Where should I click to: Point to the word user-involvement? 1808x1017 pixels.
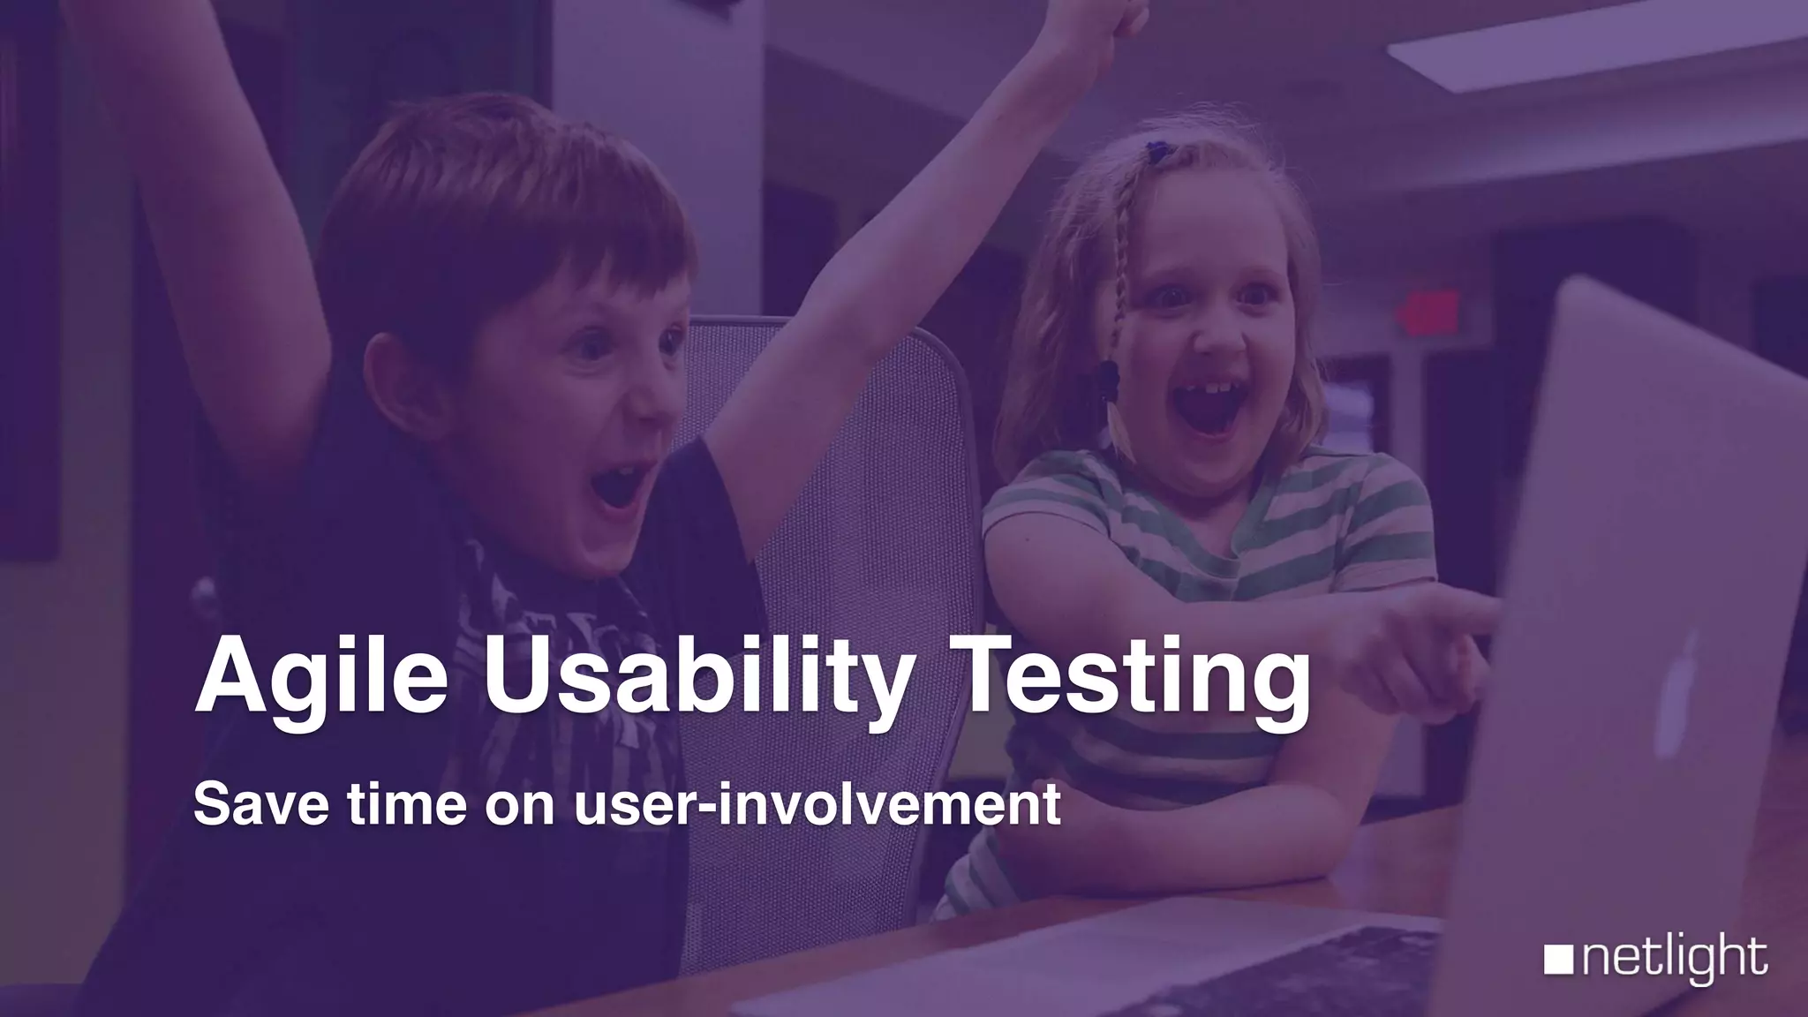(x=817, y=805)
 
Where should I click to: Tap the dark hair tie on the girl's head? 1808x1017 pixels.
(x=1155, y=152)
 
